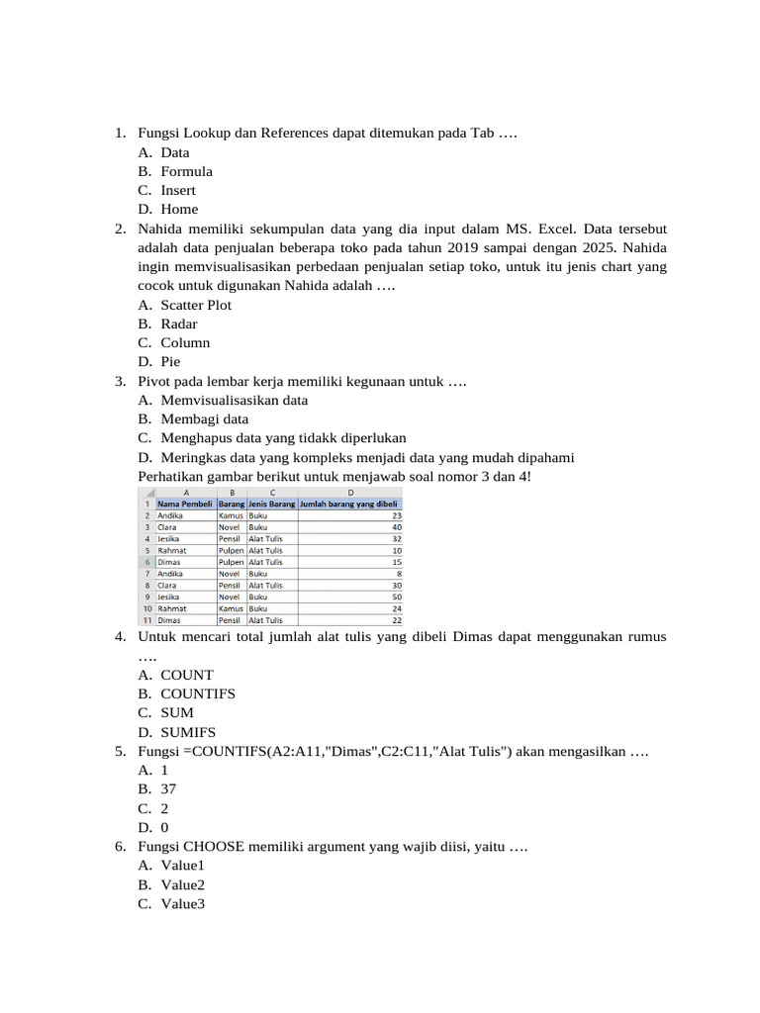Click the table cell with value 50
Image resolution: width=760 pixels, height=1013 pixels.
click(397, 597)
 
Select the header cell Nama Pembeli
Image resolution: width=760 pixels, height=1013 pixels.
click(185, 504)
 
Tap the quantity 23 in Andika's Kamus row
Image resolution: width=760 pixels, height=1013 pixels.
click(397, 515)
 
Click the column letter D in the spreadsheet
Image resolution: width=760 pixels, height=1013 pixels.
click(350, 492)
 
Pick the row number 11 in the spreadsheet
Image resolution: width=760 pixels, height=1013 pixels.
click(146, 619)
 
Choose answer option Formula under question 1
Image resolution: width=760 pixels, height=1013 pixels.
click(187, 171)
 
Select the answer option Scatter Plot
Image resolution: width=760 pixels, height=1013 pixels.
click(196, 305)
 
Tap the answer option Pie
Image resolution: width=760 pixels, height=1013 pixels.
click(170, 361)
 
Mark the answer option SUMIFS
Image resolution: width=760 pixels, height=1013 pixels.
click(188, 732)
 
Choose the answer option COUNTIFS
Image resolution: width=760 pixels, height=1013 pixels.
click(198, 693)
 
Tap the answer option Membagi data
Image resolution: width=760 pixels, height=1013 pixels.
click(205, 418)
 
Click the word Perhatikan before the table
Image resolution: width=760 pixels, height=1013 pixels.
click(173, 477)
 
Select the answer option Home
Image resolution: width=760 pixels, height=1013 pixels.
click(179, 209)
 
